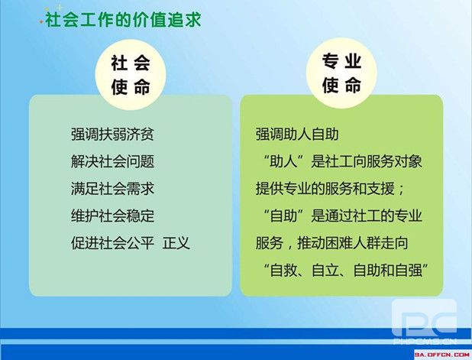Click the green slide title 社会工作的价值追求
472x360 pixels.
123,21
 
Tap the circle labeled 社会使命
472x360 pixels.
131,76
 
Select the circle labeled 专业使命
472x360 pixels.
341,73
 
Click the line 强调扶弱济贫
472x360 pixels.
112,134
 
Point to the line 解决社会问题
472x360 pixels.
112,161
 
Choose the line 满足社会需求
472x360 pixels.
112,189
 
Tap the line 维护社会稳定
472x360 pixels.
112,216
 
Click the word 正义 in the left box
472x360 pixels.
176,243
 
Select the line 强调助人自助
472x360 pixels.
297,134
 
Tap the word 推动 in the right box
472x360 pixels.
311,243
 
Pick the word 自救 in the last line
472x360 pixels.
283,270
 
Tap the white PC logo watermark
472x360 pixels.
425,321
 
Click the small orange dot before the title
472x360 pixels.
41,22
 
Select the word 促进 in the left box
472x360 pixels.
85,243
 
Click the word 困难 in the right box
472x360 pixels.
338,243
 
